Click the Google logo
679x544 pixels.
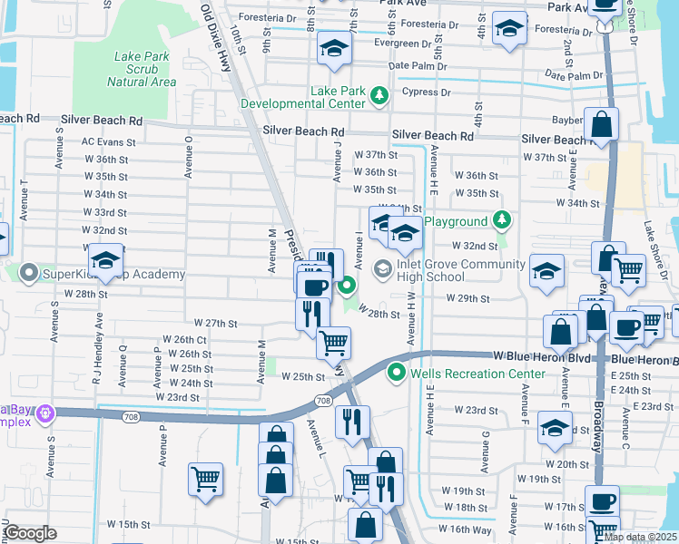coord(29,533)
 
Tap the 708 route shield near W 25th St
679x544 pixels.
coord(323,399)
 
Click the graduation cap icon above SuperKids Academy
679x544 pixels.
coord(106,261)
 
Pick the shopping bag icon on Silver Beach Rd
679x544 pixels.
coord(601,124)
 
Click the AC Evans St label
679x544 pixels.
coord(108,142)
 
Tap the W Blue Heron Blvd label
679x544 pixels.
coord(542,357)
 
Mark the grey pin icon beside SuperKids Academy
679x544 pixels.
coord(28,273)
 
